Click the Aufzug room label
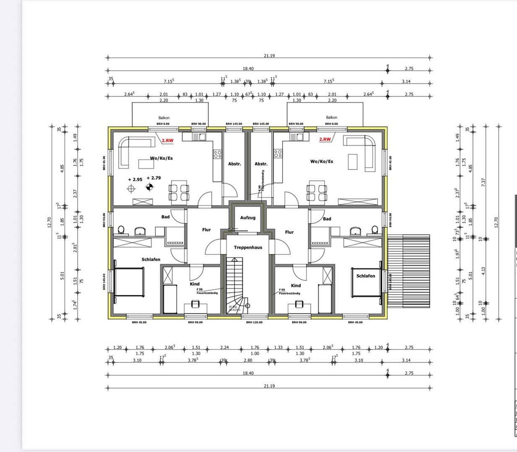pos(247,218)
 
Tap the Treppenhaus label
pos(248,247)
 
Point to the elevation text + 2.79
pos(153,178)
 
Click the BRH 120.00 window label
pos(255,322)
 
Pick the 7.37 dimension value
pos(483,182)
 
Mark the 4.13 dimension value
pos(483,271)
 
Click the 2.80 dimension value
pos(248,360)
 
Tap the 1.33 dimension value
pos(278,347)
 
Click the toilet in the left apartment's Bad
pos(121,230)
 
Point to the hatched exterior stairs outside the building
pos(409,270)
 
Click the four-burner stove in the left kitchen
pos(217,154)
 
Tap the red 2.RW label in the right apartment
pos(325,139)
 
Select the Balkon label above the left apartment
pos(164,118)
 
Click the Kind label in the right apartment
pos(296,285)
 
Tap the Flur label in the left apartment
pos(206,230)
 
